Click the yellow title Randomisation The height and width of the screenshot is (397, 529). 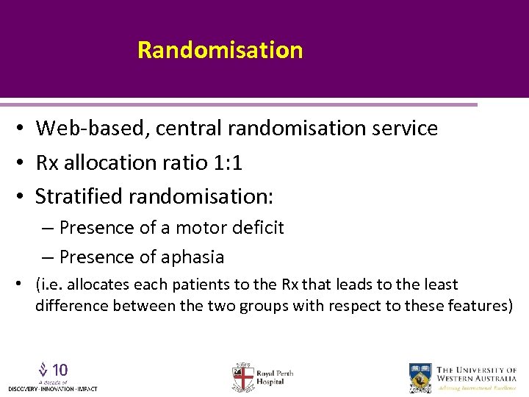[x=220, y=50]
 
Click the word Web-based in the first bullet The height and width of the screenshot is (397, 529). [x=83, y=129]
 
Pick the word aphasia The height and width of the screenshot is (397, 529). [x=193, y=257]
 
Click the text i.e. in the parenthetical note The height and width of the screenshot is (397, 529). [x=50, y=285]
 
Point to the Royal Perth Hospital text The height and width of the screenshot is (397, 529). [x=275, y=377]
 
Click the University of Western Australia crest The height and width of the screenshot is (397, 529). [x=421, y=376]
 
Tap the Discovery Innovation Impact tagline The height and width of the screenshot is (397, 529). [x=52, y=388]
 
